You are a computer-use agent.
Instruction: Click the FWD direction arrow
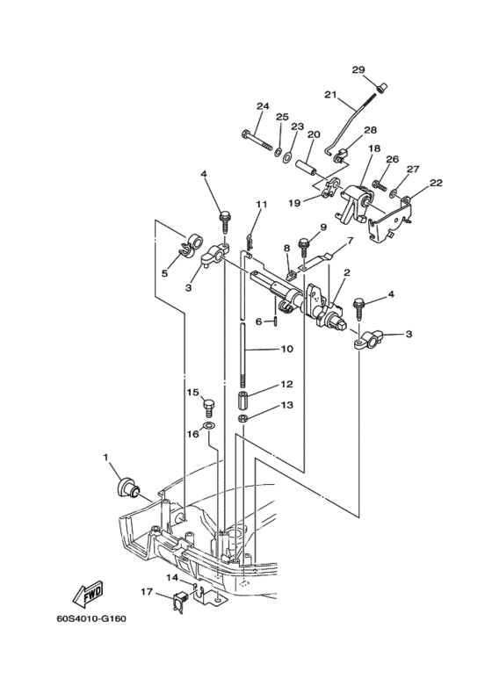[x=89, y=594]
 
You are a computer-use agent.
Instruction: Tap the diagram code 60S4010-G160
[x=91, y=618]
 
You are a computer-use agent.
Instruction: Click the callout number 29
[x=358, y=69]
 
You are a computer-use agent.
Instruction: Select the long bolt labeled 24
[x=256, y=140]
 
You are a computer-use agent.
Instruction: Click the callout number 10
[x=286, y=348]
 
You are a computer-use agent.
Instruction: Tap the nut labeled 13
[x=243, y=418]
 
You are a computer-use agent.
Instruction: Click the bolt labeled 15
[x=210, y=408]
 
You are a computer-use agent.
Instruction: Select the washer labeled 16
[x=209, y=426]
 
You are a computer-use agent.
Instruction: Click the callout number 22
[x=436, y=183]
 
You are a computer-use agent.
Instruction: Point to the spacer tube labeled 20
[x=306, y=168]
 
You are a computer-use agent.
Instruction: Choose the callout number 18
[x=374, y=148]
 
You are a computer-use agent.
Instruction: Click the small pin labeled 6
[x=275, y=321]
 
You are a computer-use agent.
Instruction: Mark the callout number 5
[x=165, y=273]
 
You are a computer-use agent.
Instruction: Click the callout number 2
[x=347, y=272]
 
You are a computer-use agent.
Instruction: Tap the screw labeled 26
[x=379, y=185]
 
